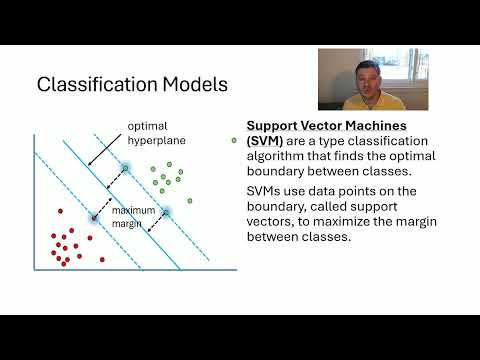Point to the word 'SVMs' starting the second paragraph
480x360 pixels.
(x=265, y=191)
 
